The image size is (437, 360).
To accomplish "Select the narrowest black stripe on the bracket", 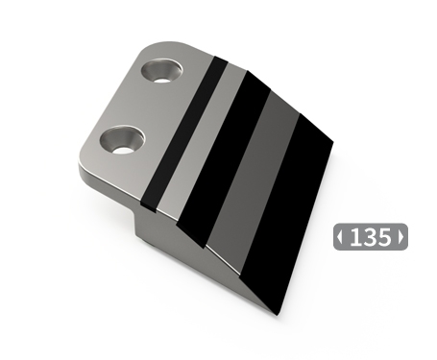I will click(184, 134).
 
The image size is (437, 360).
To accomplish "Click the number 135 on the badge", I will click(370, 236).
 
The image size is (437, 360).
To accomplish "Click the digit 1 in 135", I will click(355, 236).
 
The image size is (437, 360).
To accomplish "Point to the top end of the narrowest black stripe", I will click(218, 60).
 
